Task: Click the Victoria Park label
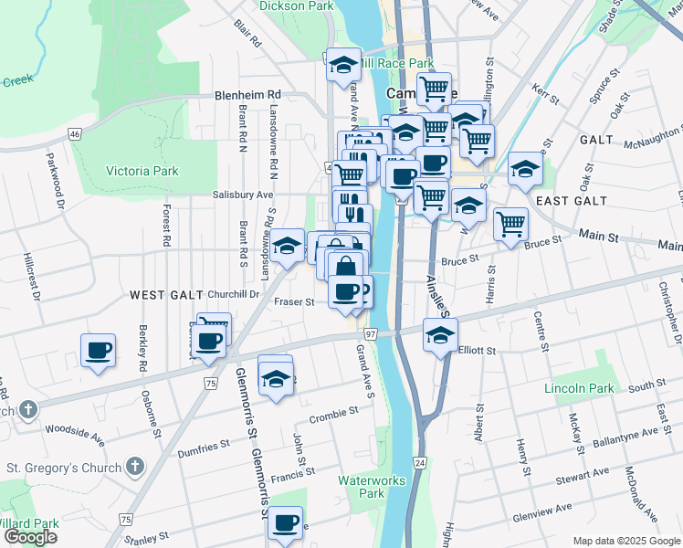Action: tap(142, 171)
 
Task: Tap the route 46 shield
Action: tap(74, 134)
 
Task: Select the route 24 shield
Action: tap(419, 464)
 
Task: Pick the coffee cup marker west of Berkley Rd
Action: tap(99, 350)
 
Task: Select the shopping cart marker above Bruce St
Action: tap(511, 224)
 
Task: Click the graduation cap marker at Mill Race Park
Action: tap(343, 65)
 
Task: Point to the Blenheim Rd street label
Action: tap(247, 94)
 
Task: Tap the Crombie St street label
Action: tap(332, 413)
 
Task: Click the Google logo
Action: tap(30, 537)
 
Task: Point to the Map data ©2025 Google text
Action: tap(626, 541)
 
